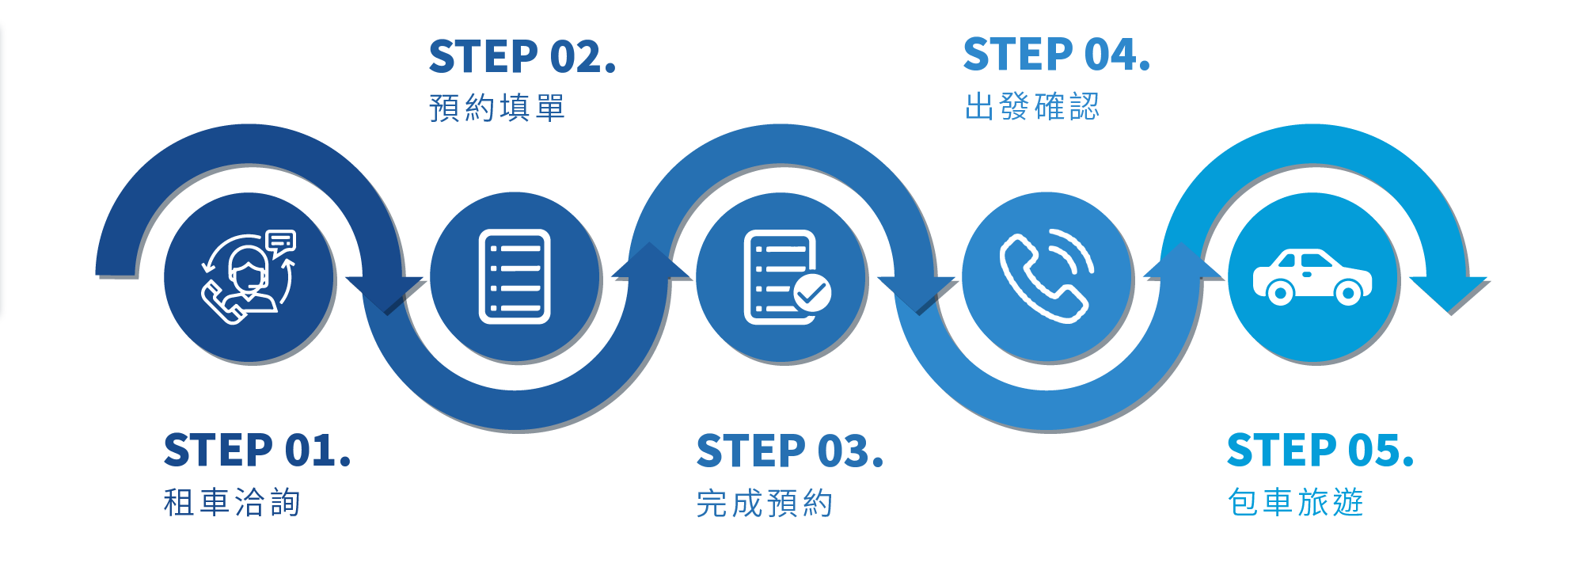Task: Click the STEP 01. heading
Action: click(256, 451)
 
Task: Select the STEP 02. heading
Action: click(522, 57)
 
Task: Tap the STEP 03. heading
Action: click(789, 451)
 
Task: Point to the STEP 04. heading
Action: click(1056, 55)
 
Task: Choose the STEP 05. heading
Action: click(1320, 451)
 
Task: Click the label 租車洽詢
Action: click(232, 503)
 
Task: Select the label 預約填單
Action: click(497, 108)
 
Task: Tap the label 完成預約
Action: click(765, 504)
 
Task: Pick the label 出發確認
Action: click(1032, 107)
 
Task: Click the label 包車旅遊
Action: click(1296, 503)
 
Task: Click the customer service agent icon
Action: click(249, 277)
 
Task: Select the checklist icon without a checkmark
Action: click(515, 276)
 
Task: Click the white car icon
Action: click(1312, 277)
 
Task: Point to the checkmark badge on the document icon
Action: click(812, 294)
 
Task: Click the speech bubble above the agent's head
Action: click(280, 241)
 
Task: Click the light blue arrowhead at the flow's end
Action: click(1449, 294)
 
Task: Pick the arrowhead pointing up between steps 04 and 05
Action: click(1183, 261)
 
